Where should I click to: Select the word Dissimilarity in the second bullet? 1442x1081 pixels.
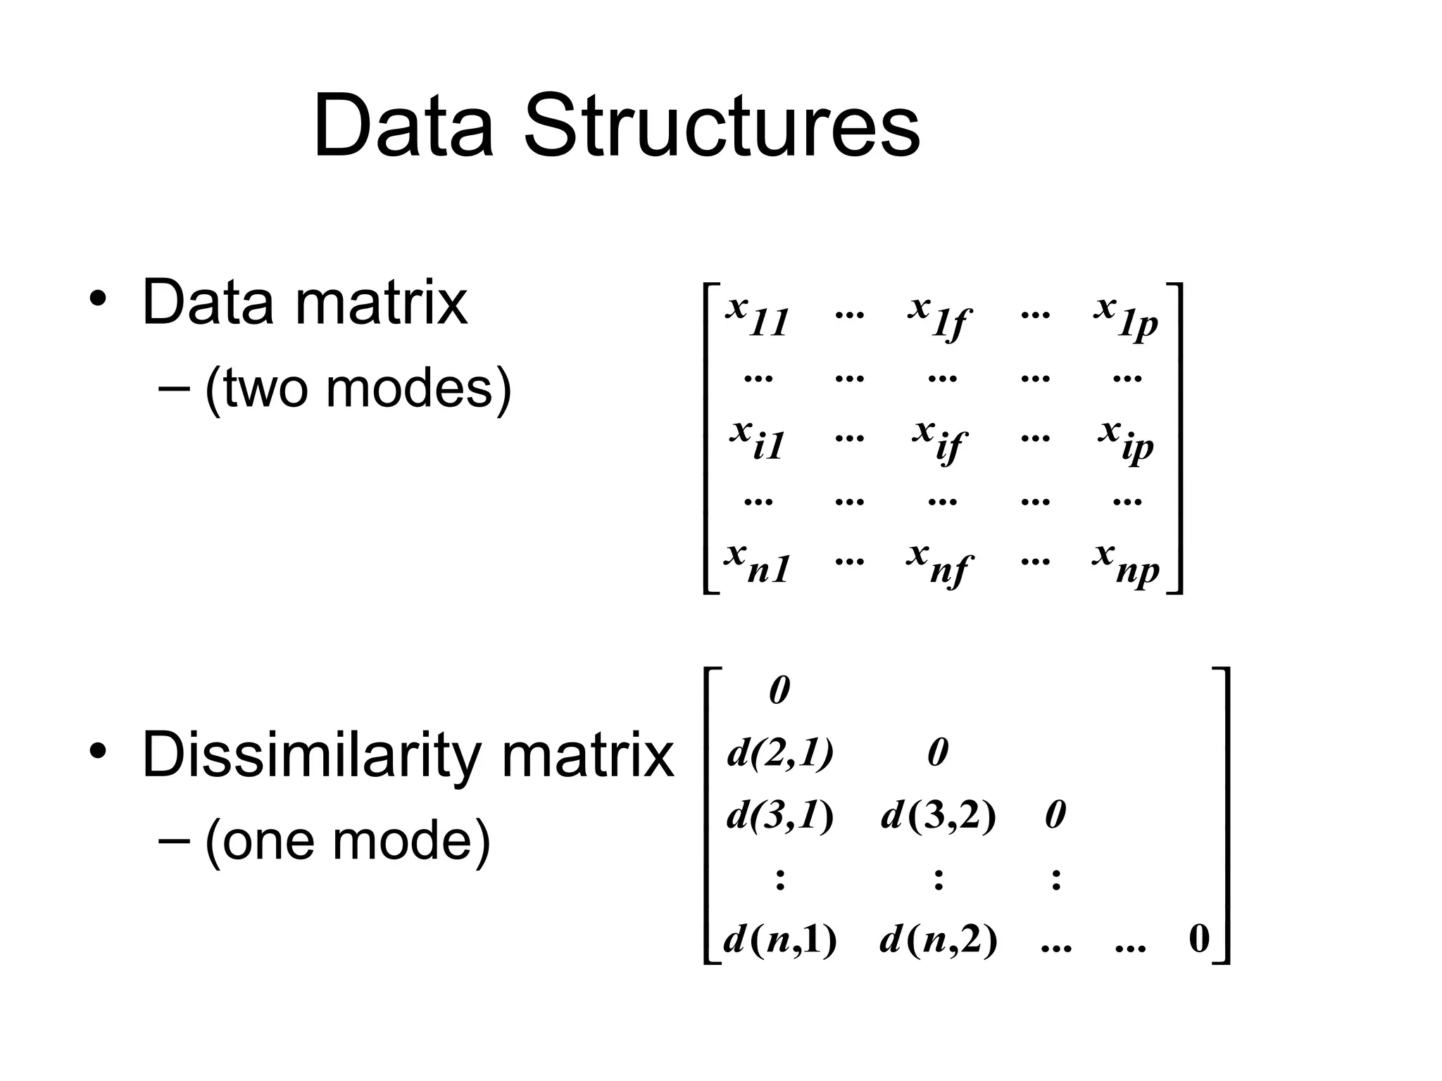click(x=310, y=754)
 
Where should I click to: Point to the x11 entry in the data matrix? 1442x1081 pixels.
click(x=758, y=316)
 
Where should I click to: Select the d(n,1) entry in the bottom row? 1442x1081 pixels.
click(x=780, y=939)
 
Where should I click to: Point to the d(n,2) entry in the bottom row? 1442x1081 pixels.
click(x=939, y=939)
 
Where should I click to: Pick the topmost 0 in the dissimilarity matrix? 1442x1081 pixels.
click(x=779, y=690)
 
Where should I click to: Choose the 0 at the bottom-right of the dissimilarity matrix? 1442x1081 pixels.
click(x=1199, y=939)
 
